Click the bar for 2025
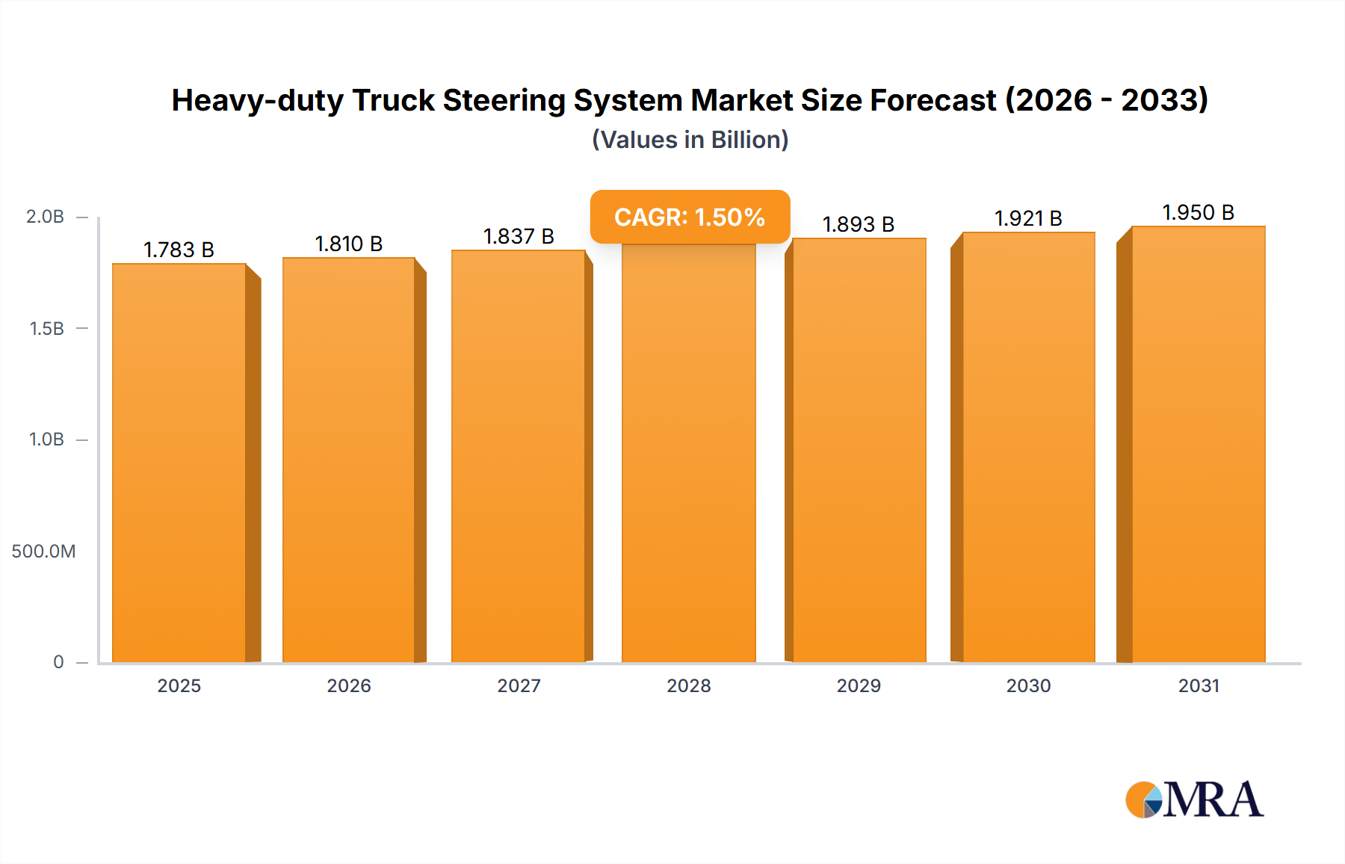[x=179, y=463]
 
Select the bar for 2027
[x=519, y=456]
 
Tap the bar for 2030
[x=1029, y=448]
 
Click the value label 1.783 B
[x=179, y=250]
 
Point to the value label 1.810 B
[x=348, y=244]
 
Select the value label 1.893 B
[x=858, y=224]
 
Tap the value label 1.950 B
[x=1198, y=212]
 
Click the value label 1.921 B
[x=1028, y=218]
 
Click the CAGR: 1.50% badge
[x=690, y=217]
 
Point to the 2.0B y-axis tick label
[x=45, y=217]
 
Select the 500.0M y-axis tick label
[x=43, y=552]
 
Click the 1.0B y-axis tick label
[x=46, y=439]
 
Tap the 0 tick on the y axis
[x=58, y=662]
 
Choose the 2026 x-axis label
[x=348, y=685]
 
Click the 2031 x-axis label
[x=1199, y=685]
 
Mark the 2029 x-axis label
[x=859, y=685]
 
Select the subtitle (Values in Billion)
[x=690, y=140]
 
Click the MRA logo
[x=1194, y=800]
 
